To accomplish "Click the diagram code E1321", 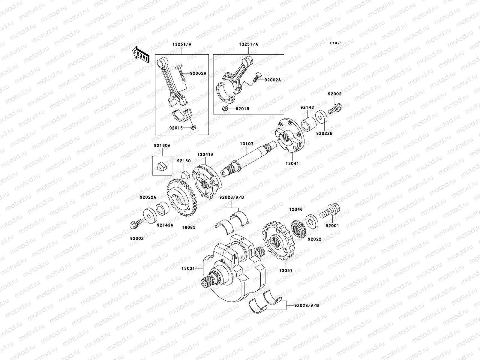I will pos(336,43).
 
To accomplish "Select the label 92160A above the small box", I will pos(162,145).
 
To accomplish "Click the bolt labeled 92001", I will pos(330,211).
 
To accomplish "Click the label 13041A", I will pos(205,154).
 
